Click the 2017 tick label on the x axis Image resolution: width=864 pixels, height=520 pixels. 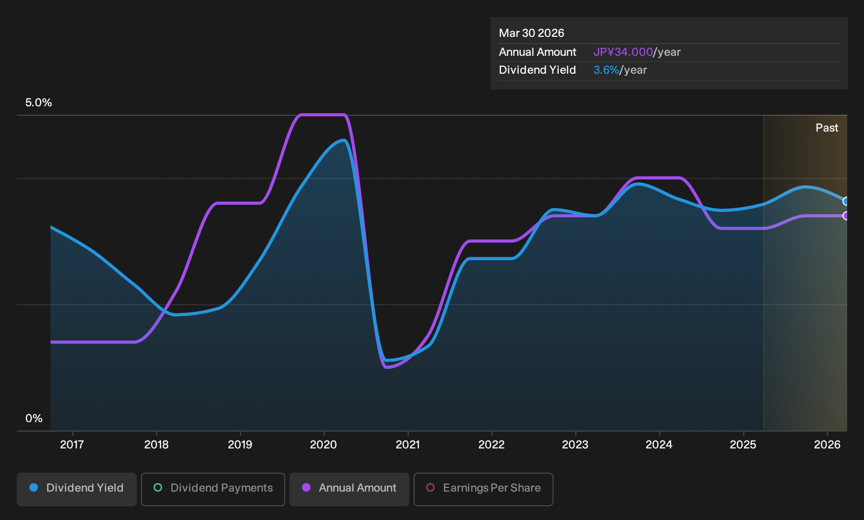pyautogui.click(x=72, y=445)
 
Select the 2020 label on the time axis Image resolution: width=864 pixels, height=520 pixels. pyautogui.click(x=324, y=445)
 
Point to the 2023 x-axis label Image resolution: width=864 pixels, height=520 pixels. pyautogui.click(x=575, y=445)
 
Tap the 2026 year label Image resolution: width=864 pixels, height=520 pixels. pyautogui.click(x=827, y=445)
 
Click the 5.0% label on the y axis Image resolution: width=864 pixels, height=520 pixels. pyautogui.click(x=38, y=103)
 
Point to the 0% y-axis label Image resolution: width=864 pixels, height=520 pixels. pyautogui.click(x=34, y=418)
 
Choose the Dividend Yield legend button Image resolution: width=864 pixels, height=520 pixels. pyautogui.click(x=77, y=489)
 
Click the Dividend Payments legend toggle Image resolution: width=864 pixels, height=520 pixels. pyautogui.click(x=213, y=489)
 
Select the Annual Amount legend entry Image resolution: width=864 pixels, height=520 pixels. pyautogui.click(x=349, y=489)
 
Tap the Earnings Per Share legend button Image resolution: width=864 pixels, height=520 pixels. pyautogui.click(x=483, y=489)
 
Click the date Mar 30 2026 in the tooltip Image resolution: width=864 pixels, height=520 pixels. pyautogui.click(x=531, y=33)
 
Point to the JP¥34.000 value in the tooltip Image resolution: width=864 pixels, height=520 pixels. pyautogui.click(x=624, y=52)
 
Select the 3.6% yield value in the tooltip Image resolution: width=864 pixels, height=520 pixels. pyautogui.click(x=606, y=70)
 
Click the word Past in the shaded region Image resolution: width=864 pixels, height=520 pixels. pyautogui.click(x=827, y=128)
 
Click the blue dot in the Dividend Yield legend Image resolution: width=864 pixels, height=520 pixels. pyautogui.click(x=34, y=487)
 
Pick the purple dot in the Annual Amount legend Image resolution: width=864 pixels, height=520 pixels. pyautogui.click(x=306, y=487)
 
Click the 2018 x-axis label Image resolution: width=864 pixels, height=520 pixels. pyautogui.click(x=156, y=445)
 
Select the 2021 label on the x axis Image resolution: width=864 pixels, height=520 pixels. pyautogui.click(x=408, y=445)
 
